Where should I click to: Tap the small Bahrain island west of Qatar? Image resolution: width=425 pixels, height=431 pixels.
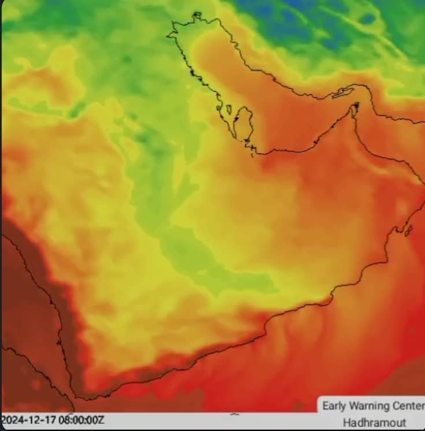click(x=229, y=109)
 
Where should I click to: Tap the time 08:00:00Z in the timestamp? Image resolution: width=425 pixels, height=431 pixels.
click(x=82, y=420)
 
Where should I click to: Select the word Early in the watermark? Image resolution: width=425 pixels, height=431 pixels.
click(x=335, y=406)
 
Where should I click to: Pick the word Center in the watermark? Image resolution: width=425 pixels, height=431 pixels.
click(x=408, y=406)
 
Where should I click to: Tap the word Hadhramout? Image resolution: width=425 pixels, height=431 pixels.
click(x=374, y=422)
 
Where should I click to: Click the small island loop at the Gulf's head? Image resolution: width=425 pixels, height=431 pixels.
click(x=197, y=15)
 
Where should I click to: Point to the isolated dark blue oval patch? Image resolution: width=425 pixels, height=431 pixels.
click(x=367, y=18)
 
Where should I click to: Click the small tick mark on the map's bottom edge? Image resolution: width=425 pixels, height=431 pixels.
click(x=234, y=414)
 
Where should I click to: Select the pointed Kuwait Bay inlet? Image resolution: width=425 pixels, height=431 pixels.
click(x=173, y=35)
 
